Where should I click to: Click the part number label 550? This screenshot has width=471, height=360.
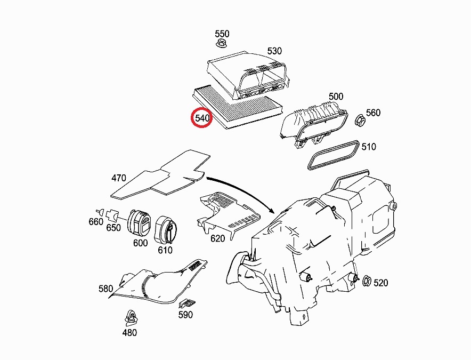click(222, 34)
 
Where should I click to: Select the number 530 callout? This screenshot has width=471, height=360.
click(274, 51)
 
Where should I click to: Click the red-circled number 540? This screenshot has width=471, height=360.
click(202, 118)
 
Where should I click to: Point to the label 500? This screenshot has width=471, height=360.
click(336, 96)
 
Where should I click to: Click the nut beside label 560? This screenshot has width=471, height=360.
click(359, 121)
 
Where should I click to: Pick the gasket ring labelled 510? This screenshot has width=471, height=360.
click(334, 155)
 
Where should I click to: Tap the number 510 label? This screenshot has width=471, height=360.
click(369, 146)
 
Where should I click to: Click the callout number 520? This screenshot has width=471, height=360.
click(381, 283)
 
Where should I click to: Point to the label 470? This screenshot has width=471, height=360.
click(118, 178)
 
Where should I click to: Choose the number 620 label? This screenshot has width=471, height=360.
click(217, 238)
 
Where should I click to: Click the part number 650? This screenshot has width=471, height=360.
click(113, 228)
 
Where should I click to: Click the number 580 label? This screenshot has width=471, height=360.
click(105, 289)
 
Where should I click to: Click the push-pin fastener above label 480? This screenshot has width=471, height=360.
click(129, 318)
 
